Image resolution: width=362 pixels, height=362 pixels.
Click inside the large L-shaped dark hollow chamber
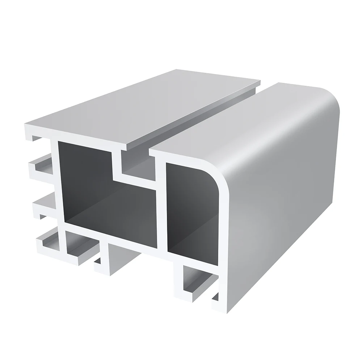(x=109, y=203)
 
